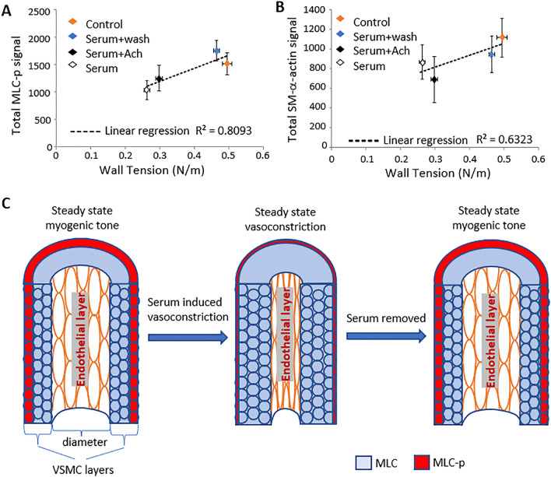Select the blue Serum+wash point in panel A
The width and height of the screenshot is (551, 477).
click(216, 51)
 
